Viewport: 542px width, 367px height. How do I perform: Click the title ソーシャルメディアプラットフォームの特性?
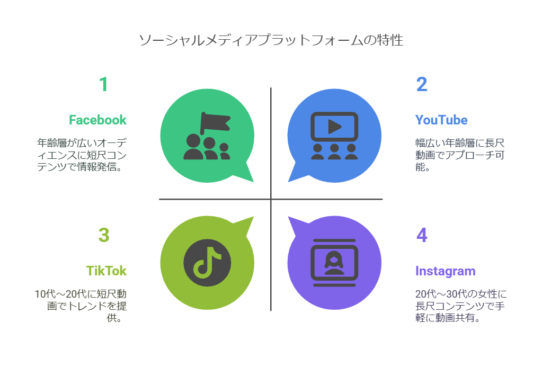[x=271, y=40]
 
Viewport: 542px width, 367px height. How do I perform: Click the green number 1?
[x=104, y=85]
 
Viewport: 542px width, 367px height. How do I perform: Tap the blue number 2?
[x=422, y=85]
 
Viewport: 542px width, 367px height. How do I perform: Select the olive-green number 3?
[x=104, y=236]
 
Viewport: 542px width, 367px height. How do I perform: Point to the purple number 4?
[x=422, y=236]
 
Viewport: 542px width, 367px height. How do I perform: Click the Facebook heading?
[x=97, y=120]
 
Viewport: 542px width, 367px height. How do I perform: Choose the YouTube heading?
[x=441, y=120]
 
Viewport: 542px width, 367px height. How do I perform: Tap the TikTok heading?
[x=106, y=271]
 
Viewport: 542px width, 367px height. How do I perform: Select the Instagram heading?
[x=446, y=271]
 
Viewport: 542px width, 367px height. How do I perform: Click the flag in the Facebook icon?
[x=215, y=121]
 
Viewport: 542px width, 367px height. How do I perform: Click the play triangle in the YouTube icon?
[x=334, y=126]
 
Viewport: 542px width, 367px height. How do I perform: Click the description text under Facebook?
[x=83, y=155]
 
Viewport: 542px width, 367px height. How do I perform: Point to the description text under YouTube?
[x=460, y=155]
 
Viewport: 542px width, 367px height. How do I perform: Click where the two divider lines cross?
[x=271, y=199]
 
